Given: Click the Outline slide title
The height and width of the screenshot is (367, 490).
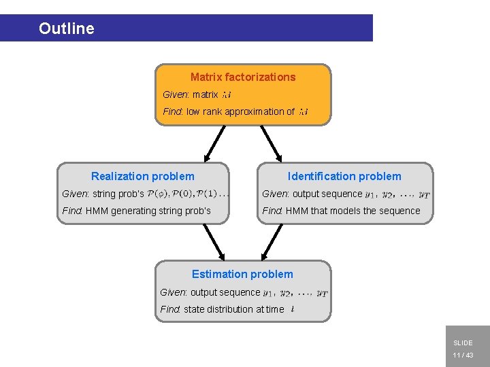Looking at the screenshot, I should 67,29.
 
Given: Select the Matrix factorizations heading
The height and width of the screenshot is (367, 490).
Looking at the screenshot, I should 243,77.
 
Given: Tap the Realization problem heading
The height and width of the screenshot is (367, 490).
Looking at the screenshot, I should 142,177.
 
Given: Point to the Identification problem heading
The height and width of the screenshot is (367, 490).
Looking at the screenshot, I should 344,177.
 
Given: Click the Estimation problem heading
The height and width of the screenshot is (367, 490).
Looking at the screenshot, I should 242,275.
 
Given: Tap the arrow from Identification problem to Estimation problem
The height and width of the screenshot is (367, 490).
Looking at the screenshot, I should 272,241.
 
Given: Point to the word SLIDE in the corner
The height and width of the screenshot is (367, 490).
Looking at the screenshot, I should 463,343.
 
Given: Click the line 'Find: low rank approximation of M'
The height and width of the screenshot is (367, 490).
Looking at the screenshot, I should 235,111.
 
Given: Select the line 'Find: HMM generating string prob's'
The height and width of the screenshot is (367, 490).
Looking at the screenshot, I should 136,211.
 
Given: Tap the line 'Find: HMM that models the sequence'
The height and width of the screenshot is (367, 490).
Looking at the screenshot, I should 341,211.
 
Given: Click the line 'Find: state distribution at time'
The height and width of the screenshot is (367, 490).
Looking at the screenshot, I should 226,309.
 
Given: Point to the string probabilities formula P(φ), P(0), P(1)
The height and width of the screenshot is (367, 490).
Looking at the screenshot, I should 189,194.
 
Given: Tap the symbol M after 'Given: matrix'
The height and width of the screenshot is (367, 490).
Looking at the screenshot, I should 227,95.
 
